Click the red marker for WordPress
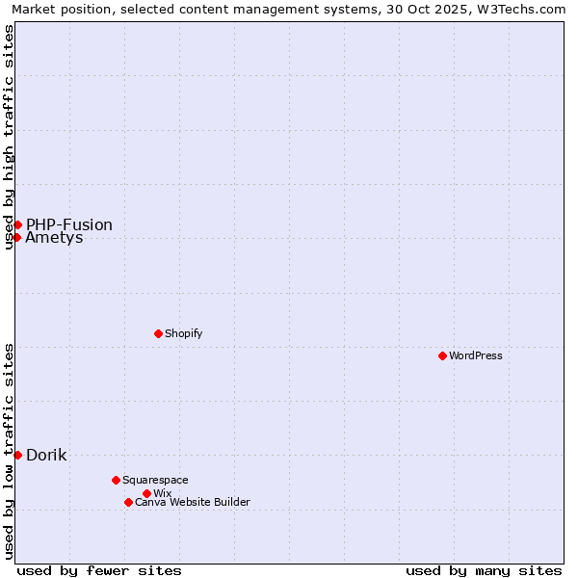click(442, 355)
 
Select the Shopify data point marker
click(158, 333)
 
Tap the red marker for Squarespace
click(116, 480)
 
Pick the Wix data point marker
click(146, 493)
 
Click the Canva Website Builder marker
click(128, 502)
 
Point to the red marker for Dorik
click(17, 455)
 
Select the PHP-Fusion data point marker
click(17, 224)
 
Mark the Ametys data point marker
click(17, 237)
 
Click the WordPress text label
click(476, 355)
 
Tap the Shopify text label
click(183, 333)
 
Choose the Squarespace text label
click(155, 480)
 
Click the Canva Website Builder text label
click(192, 502)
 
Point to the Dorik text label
click(46, 455)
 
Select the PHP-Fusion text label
click(69, 224)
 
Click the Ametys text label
click(54, 238)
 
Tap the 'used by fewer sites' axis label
click(99, 570)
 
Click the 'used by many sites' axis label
click(484, 570)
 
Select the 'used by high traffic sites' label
click(9, 137)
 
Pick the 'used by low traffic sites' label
click(9, 451)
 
